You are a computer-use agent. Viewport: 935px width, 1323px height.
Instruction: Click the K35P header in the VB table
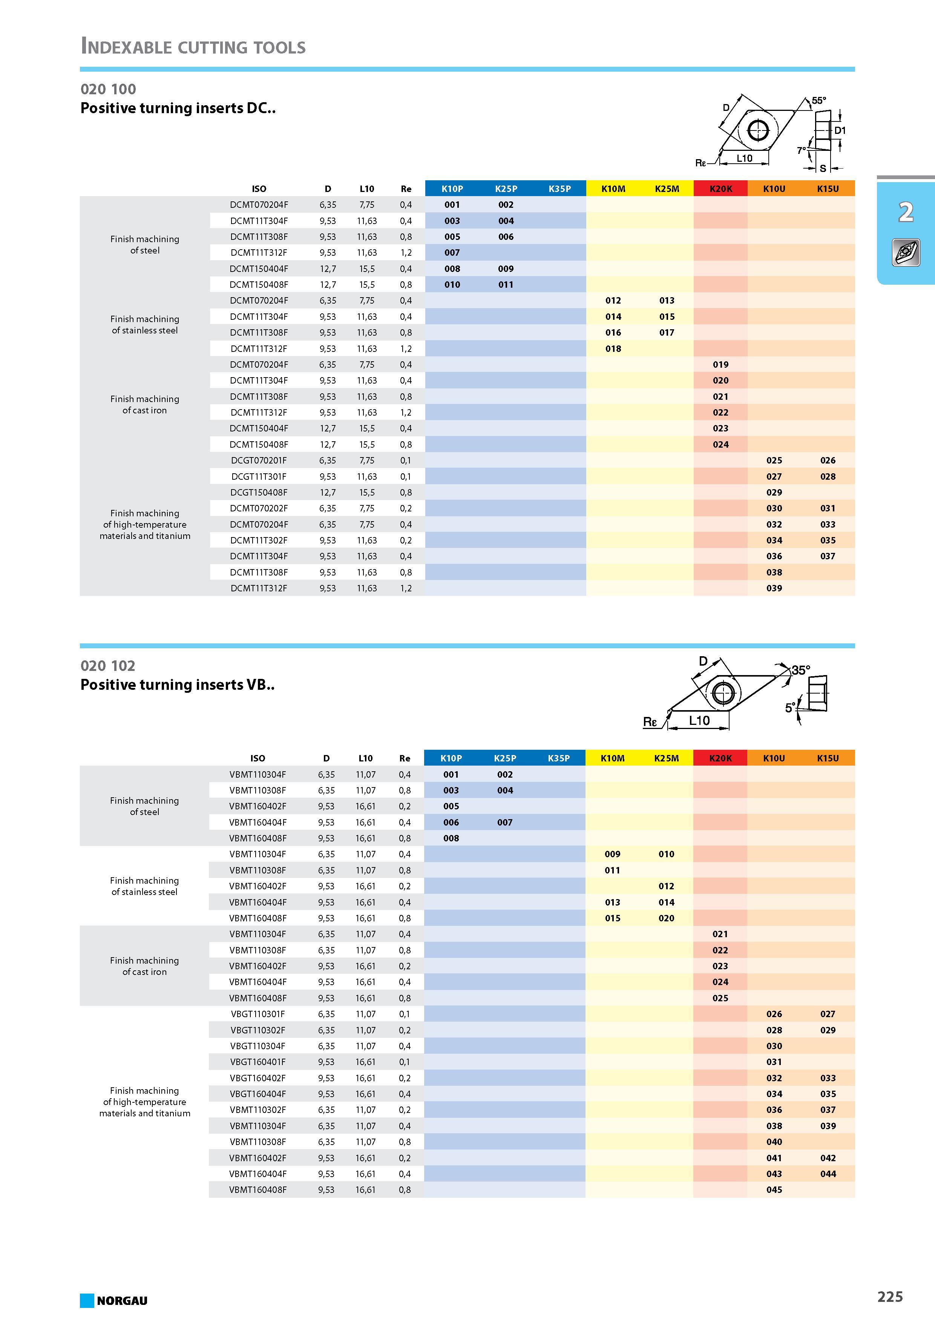pos(558,758)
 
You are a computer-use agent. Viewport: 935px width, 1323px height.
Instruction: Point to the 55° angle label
pos(819,101)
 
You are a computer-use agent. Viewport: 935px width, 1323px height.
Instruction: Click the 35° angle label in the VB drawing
pos(801,670)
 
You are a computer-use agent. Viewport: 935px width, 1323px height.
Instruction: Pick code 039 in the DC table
pos(774,588)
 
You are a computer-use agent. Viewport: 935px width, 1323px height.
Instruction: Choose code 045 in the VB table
pos(774,1190)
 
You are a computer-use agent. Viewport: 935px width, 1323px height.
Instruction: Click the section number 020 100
pos(108,89)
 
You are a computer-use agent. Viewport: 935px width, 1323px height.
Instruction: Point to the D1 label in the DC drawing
pos(840,130)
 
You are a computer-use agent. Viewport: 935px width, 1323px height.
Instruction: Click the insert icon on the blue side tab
pos(906,252)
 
